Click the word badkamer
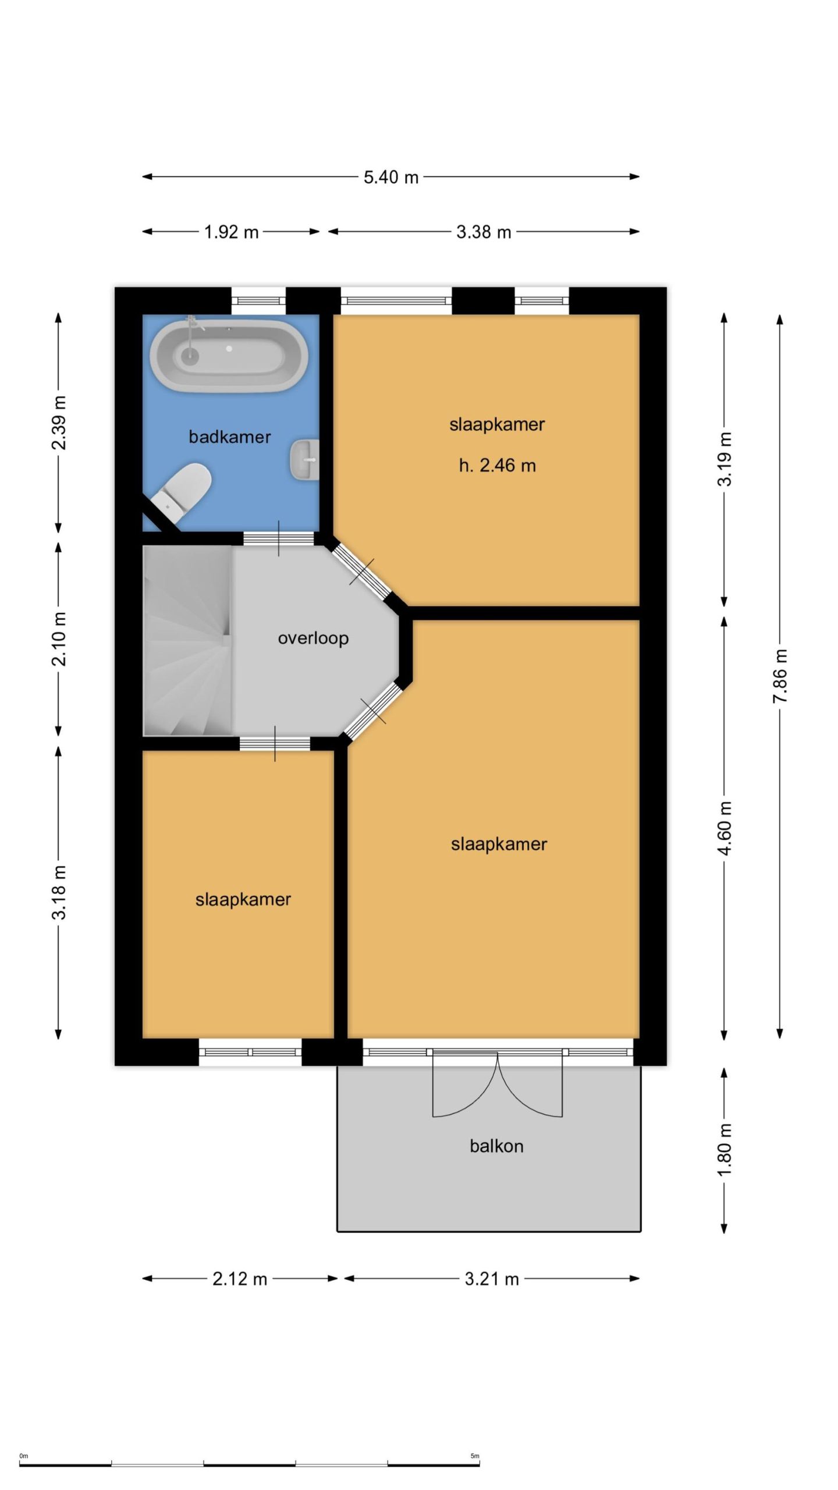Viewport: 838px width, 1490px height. tap(230, 437)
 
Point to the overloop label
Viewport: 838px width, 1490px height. tap(313, 638)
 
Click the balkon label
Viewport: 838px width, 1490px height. tap(496, 1146)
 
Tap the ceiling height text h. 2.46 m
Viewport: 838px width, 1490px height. tap(497, 466)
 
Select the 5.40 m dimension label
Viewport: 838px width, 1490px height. tap(391, 177)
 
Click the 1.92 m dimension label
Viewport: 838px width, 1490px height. tap(231, 232)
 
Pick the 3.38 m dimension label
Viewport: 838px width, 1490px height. tap(484, 232)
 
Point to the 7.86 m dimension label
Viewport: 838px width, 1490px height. tap(780, 676)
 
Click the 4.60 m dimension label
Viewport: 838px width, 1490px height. tap(725, 828)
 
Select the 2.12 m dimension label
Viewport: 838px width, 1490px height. tap(240, 1279)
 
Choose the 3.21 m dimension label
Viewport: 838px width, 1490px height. tap(492, 1279)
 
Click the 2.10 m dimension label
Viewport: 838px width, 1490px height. tap(59, 638)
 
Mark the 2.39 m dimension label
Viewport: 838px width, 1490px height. tap(59, 423)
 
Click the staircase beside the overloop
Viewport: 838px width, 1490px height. tap(189, 641)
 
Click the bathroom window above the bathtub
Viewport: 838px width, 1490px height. tap(259, 301)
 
